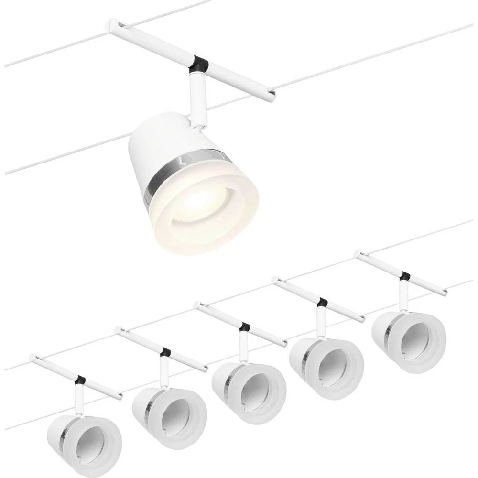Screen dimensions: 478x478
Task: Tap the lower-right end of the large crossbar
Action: click(x=272, y=98)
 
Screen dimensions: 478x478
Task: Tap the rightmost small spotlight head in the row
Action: click(x=409, y=335)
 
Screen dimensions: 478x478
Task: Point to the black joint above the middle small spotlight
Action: click(x=245, y=327)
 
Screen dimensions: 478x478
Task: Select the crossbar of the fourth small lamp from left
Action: click(x=301, y=292)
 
